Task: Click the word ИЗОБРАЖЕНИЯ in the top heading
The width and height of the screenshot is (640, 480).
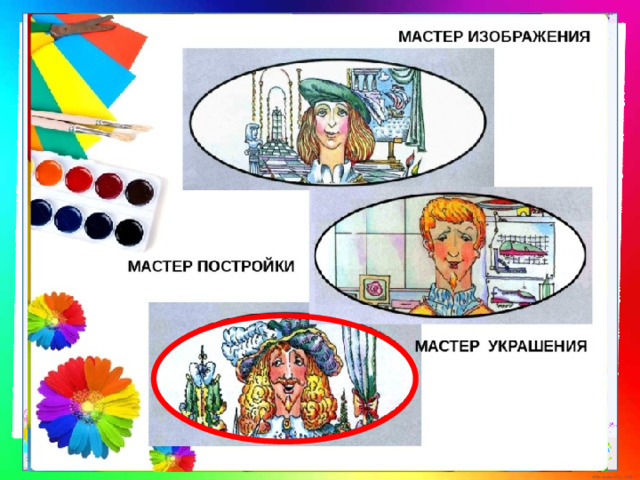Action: (x=529, y=36)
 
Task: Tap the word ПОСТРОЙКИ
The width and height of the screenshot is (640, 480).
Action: (x=246, y=266)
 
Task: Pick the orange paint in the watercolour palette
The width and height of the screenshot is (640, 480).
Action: (x=49, y=173)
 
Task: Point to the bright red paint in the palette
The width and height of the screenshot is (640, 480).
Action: (x=79, y=179)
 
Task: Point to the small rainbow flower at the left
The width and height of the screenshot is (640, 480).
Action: (x=56, y=321)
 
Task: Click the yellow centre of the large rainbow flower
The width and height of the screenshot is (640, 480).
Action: (x=88, y=406)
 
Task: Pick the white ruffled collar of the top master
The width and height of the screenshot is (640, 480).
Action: (x=330, y=171)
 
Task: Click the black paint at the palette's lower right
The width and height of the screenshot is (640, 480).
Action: (x=129, y=232)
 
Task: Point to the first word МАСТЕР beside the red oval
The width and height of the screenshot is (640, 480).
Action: (x=447, y=346)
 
